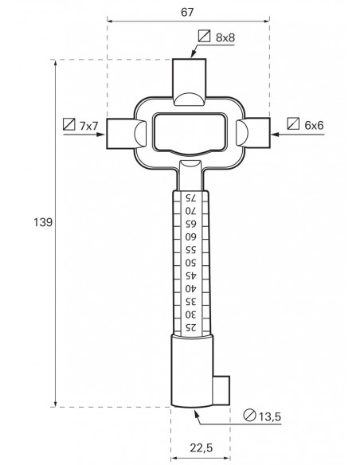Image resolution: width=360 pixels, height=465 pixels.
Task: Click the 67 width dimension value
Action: coord(187,12)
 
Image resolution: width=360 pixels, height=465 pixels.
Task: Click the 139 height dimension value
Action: coord(43,222)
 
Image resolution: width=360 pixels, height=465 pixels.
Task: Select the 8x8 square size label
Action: coord(225,37)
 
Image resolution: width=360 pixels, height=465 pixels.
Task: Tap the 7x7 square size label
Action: coord(88,126)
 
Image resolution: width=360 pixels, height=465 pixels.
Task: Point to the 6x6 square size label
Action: coord(314,125)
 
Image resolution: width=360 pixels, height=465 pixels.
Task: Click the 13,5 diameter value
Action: coord(270,417)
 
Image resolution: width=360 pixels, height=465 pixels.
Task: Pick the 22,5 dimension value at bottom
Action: coord(202,447)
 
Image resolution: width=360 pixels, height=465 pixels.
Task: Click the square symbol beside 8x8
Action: coord(204,36)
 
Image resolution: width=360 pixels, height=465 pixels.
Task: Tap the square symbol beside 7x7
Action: coord(69,124)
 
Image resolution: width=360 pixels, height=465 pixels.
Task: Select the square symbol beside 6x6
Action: coord(293,123)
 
